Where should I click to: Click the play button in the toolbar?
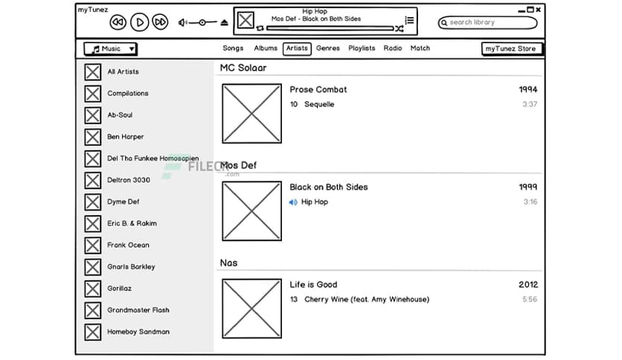coord(139,22)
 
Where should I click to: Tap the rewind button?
coord(118,22)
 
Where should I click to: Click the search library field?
coord(487,22)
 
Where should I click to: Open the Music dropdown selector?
coord(110,49)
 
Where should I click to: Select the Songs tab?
coord(233,48)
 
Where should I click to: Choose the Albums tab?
coord(266,48)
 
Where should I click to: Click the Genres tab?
coord(327,48)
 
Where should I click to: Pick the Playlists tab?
coord(362,48)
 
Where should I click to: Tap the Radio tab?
coord(393,48)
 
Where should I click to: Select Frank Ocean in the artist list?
coord(128,245)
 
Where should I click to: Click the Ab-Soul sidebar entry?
coord(120,115)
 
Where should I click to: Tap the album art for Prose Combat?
coord(251,113)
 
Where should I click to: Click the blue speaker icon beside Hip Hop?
coord(293,202)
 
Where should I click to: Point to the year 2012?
coord(528,284)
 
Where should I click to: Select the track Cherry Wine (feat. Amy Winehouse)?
coord(367,299)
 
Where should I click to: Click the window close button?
coord(539,10)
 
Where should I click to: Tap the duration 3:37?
coord(530,104)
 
